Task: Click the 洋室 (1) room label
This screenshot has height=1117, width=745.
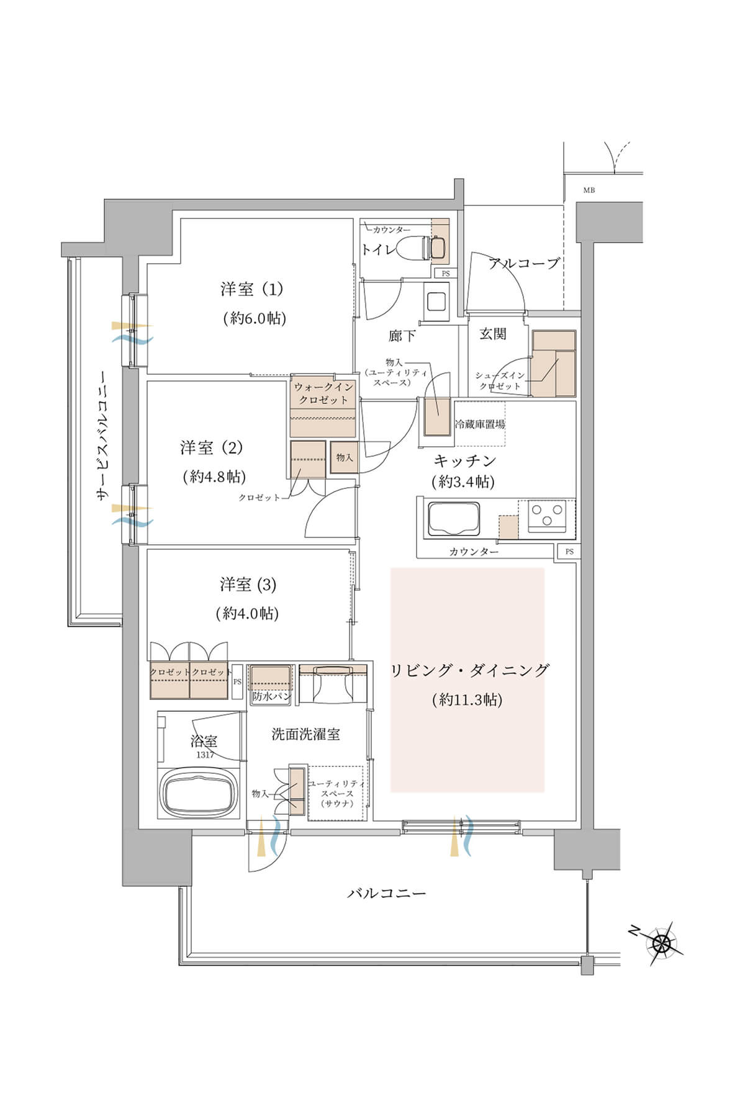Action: pos(251,289)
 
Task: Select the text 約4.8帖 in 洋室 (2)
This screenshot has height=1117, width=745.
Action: pos(215,477)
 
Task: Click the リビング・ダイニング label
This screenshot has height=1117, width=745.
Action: pos(469,670)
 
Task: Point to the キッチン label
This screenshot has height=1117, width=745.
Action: pos(464,460)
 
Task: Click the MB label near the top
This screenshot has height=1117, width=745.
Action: pos(589,191)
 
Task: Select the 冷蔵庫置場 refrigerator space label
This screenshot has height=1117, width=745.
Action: pos(480,424)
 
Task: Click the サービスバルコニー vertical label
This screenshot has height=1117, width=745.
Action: pos(101,436)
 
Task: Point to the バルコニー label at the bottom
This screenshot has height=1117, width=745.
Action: pos(386,894)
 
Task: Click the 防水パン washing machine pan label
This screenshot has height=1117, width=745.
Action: pos(271,696)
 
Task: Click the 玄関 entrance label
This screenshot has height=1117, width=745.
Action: pos(492,334)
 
